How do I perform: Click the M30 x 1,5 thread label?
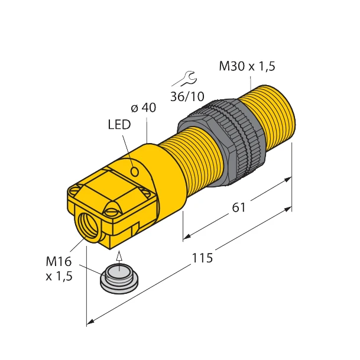pyautogui.click(x=247, y=67)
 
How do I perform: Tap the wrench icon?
pyautogui.click(x=188, y=76)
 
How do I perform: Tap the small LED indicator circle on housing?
pyautogui.click(x=135, y=172)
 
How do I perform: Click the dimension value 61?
pyautogui.click(x=238, y=209)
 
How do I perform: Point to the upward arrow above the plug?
pyautogui.click(x=119, y=255)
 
